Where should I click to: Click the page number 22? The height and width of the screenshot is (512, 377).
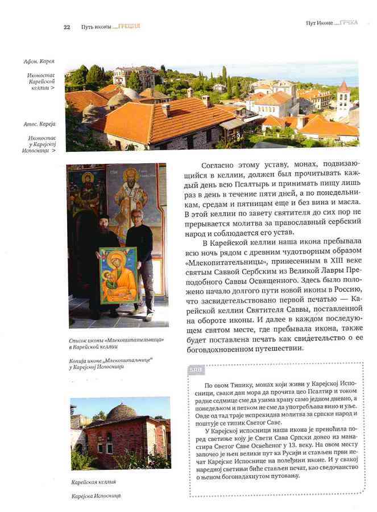pos(67,27)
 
